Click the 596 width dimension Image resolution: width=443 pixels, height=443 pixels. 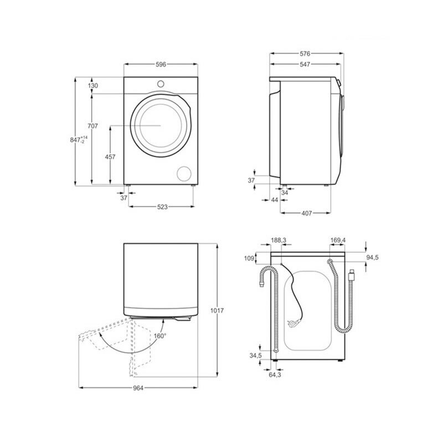coord(161,64)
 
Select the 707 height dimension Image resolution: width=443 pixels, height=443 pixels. coord(92,126)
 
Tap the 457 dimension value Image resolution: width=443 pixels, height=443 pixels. coord(110,157)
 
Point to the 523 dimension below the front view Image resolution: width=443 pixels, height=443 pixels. coord(162,207)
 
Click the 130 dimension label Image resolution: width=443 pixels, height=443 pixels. coord(92,86)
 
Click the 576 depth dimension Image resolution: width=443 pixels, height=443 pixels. coord(305,54)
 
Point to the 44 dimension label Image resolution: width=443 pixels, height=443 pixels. coord(274,199)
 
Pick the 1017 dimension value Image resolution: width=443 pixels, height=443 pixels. coord(217,311)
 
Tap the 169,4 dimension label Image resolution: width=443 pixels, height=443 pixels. coord(338,240)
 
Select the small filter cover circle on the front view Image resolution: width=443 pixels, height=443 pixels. coord(182,173)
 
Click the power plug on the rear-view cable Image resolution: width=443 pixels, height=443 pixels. coord(352,275)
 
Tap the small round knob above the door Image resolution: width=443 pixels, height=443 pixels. coord(161,84)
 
